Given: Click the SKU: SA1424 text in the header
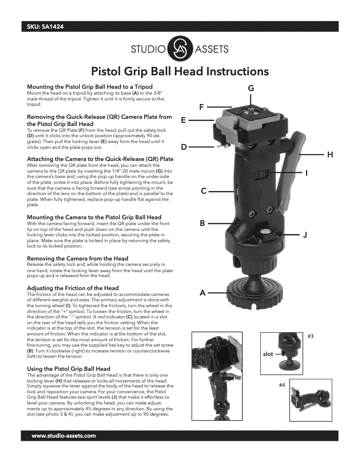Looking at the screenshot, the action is [x=45, y=27].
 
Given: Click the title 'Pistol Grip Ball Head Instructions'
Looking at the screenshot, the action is [x=180, y=71].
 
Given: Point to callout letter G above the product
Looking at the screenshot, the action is [x=251, y=88].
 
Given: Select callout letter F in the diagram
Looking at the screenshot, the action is [x=202, y=107].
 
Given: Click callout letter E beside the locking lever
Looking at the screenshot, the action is [x=184, y=120].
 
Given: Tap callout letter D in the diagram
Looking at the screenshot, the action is [x=184, y=147].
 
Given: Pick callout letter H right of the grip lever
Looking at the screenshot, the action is [x=330, y=155].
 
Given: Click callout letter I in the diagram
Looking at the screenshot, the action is [x=306, y=173].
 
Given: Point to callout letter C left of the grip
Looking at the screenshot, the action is [x=204, y=191].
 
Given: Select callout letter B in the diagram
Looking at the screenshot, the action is [x=202, y=223].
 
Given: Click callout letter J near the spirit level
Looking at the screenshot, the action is [x=305, y=235].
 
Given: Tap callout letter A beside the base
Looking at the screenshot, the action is [x=202, y=293].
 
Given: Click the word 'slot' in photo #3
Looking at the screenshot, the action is [x=268, y=354].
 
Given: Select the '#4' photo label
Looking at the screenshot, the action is [x=282, y=385].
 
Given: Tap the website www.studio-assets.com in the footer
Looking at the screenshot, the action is [x=64, y=436].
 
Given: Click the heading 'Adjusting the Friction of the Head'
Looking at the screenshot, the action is [x=73, y=288].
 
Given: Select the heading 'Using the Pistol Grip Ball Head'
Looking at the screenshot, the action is [x=69, y=369].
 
